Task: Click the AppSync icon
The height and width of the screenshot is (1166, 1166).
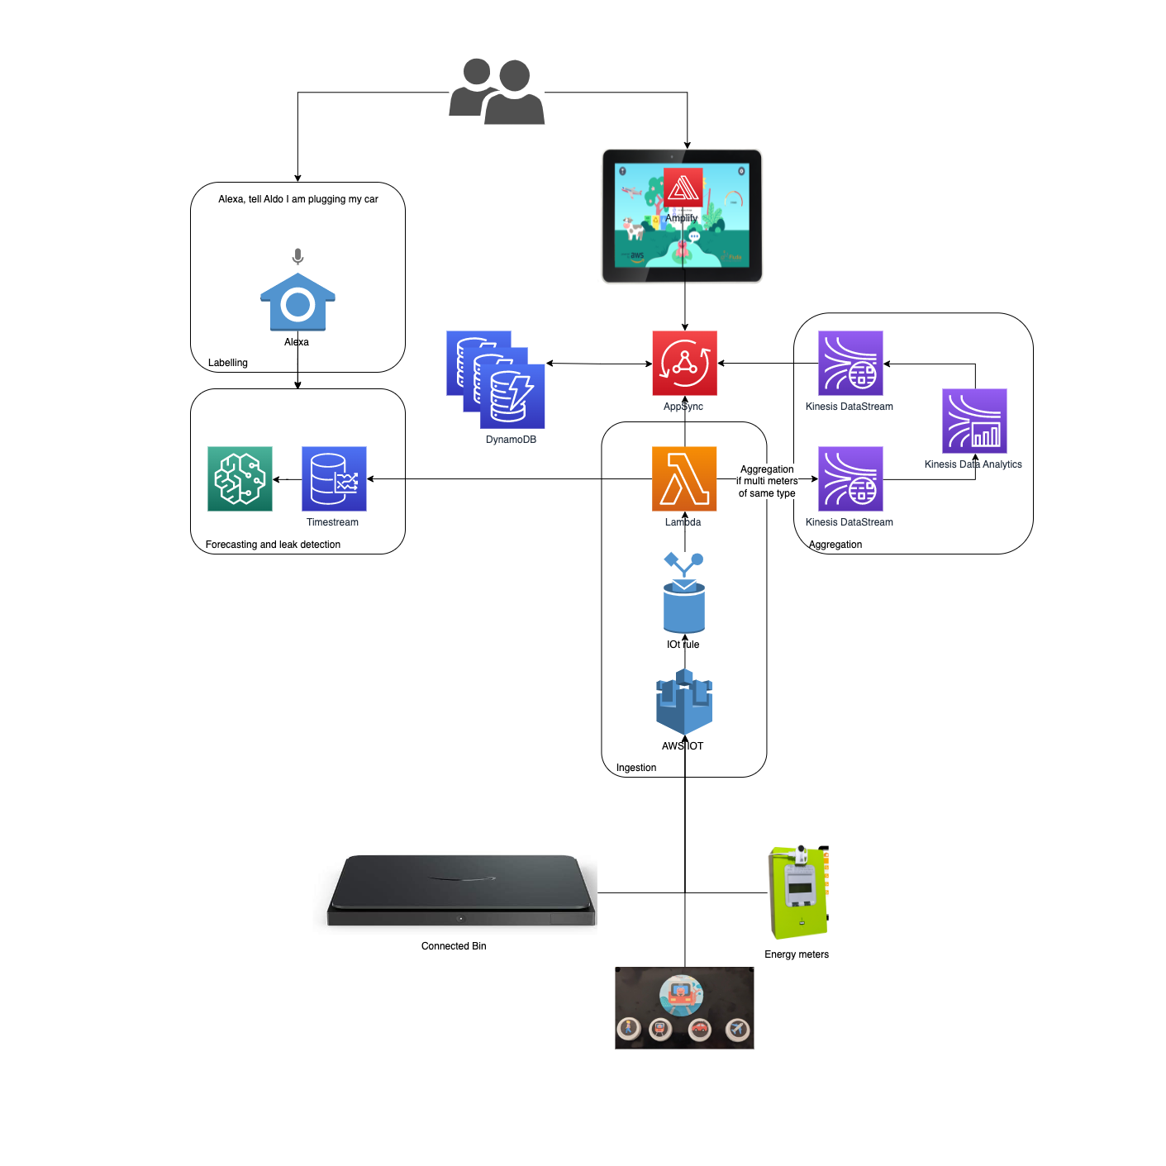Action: click(x=684, y=364)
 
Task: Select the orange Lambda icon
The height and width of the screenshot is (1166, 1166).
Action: click(x=684, y=479)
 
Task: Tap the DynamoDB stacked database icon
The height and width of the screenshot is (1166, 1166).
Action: click(x=495, y=379)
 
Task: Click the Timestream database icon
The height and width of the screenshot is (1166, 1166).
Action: click(x=334, y=479)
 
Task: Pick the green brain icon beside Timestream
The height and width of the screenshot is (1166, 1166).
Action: click(x=240, y=479)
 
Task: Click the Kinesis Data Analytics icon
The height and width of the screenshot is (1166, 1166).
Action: click(x=974, y=421)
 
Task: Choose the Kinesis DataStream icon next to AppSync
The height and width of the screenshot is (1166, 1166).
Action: click(x=850, y=364)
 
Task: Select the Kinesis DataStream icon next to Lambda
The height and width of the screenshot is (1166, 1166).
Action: click(x=850, y=479)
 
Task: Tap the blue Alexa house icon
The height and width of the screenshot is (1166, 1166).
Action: click(x=297, y=302)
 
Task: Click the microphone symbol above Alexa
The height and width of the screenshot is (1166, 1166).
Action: click(x=297, y=256)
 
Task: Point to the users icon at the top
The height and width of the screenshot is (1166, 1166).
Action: click(x=497, y=92)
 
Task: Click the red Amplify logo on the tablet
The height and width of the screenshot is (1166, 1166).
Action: click(x=683, y=188)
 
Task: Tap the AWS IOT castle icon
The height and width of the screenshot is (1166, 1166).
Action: click(x=684, y=702)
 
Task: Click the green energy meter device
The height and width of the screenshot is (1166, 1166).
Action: click(x=797, y=892)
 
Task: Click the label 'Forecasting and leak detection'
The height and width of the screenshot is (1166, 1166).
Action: click(x=273, y=545)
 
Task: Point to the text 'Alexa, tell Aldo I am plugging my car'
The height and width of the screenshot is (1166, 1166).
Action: click(x=298, y=199)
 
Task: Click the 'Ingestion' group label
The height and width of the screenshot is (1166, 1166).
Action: click(x=636, y=768)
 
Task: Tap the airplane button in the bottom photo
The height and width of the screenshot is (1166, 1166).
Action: click(x=737, y=1029)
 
